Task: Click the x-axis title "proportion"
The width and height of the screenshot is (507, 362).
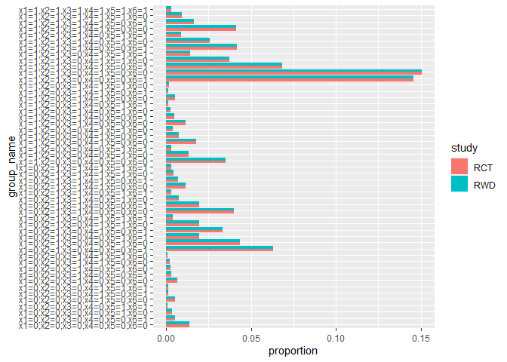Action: click(293, 351)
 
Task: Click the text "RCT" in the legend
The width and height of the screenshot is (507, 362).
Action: click(484, 167)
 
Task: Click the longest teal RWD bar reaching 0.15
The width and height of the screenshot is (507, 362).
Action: click(293, 72)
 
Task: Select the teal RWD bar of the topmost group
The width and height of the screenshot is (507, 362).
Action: click(168, 8)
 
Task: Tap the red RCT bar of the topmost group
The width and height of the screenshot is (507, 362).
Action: click(167, 11)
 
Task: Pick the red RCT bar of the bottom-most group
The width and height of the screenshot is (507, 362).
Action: click(177, 323)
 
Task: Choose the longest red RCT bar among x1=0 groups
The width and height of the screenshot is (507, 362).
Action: click(220, 248)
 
